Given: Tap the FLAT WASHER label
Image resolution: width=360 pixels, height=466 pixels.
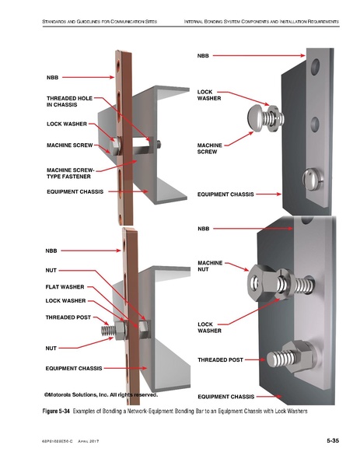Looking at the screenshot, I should [65, 286].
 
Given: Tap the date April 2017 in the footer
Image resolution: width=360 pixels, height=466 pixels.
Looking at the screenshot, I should [92, 442].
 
